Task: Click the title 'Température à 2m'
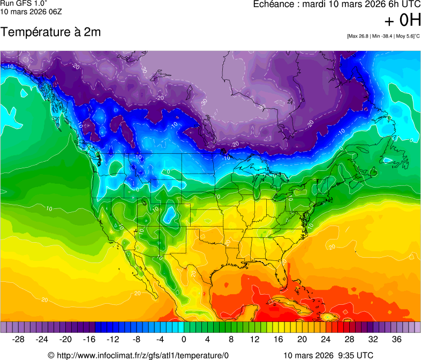[50, 32]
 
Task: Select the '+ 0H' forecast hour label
[402, 21]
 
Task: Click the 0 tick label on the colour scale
[184, 340]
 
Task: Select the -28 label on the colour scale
[19, 340]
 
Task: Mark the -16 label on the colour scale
[89, 340]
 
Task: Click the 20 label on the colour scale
[302, 340]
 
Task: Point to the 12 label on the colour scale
[254, 340]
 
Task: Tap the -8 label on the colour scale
[137, 340]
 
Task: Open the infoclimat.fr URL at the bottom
[142, 355]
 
